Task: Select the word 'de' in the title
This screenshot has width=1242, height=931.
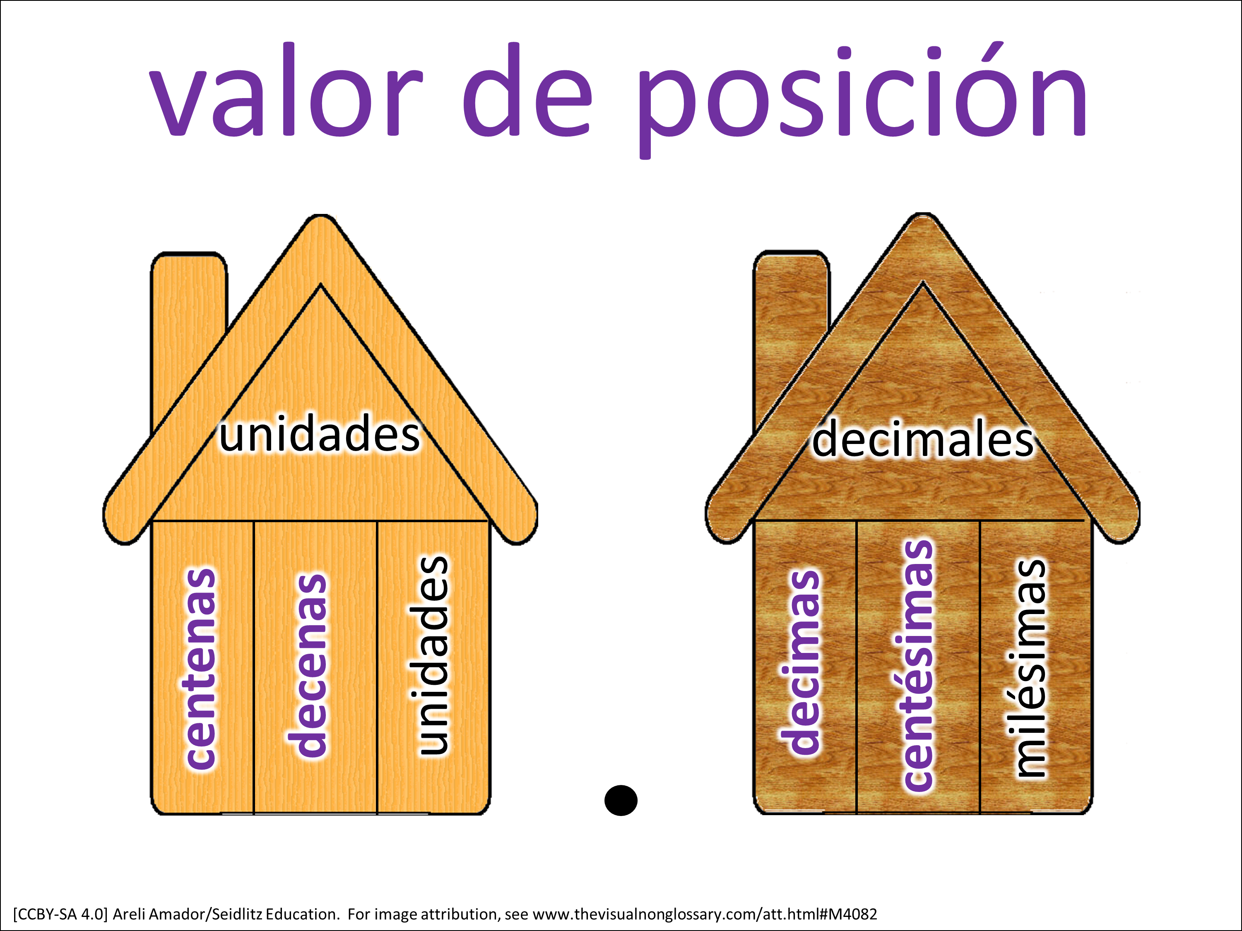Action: pos(528,90)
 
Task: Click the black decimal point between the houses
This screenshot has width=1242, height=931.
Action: pos(621,800)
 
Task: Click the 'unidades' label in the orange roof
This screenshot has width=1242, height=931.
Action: pos(320,433)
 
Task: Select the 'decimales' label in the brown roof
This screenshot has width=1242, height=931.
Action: pos(922,438)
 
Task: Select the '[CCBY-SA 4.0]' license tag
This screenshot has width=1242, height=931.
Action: pos(60,914)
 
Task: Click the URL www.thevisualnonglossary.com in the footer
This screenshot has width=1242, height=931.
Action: pos(646,914)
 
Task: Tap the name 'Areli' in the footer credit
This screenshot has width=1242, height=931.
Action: pos(130,914)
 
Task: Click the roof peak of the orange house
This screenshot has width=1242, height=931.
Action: pos(320,216)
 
